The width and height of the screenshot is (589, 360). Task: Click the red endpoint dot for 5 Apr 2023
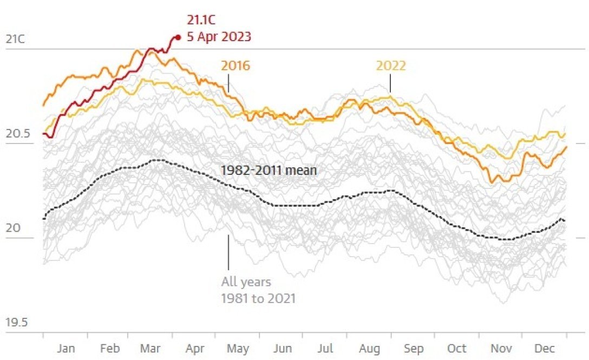[178, 37]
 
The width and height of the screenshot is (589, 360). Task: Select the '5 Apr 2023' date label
[219, 38]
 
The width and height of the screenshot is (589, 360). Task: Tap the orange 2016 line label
[235, 66]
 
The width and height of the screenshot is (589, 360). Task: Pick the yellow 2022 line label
[391, 66]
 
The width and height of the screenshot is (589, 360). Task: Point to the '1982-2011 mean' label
[269, 170]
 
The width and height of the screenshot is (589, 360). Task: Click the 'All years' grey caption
[246, 282]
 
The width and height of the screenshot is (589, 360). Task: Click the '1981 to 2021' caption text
[258, 298]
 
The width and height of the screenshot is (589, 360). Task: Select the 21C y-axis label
[15, 40]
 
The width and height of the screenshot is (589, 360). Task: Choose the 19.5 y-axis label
[17, 323]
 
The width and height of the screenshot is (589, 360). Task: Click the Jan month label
[66, 349]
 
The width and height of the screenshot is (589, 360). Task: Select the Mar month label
[150, 349]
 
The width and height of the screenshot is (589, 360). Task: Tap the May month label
[237, 349]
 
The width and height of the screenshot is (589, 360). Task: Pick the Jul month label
[325, 349]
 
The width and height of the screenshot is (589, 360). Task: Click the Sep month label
[414, 349]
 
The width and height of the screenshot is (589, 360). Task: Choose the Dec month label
[544, 349]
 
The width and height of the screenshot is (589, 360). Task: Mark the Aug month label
[369, 349]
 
